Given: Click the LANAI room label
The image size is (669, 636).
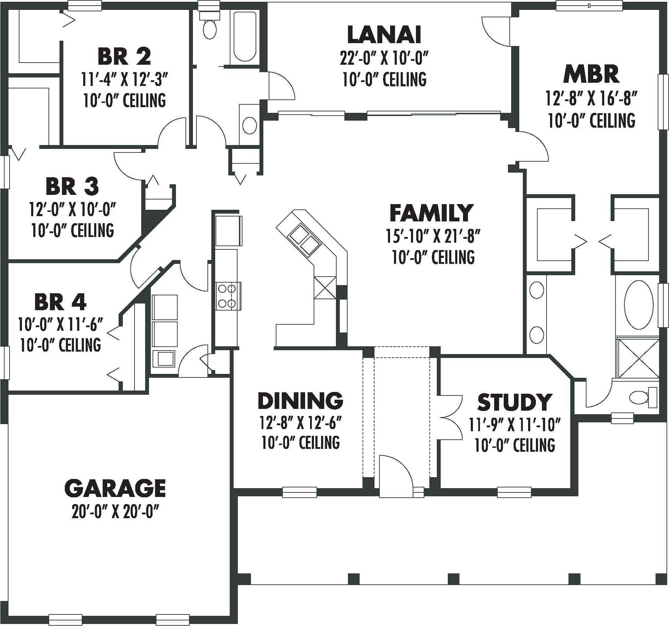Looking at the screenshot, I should pyautogui.click(x=384, y=34).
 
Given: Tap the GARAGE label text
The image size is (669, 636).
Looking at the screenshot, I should pyautogui.click(x=115, y=488).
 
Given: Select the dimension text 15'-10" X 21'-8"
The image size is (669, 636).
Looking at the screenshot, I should pyautogui.click(x=433, y=236).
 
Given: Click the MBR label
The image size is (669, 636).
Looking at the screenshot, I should pyautogui.click(x=591, y=75).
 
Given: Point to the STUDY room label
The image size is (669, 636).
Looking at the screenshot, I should pyautogui.click(x=514, y=402).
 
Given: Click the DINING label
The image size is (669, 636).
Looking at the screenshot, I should pyautogui.click(x=301, y=400).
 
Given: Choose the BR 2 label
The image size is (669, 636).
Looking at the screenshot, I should pyautogui.click(x=124, y=57).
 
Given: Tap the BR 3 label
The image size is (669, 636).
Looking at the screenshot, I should pyautogui.click(x=72, y=186).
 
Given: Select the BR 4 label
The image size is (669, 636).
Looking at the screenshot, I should pyautogui.click(x=60, y=302).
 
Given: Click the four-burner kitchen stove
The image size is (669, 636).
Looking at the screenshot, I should pyautogui.click(x=227, y=296).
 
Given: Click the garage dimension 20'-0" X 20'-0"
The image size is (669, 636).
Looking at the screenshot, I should pyautogui.click(x=115, y=512).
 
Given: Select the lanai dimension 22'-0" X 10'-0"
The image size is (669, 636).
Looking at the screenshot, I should pyautogui.click(x=384, y=58).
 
